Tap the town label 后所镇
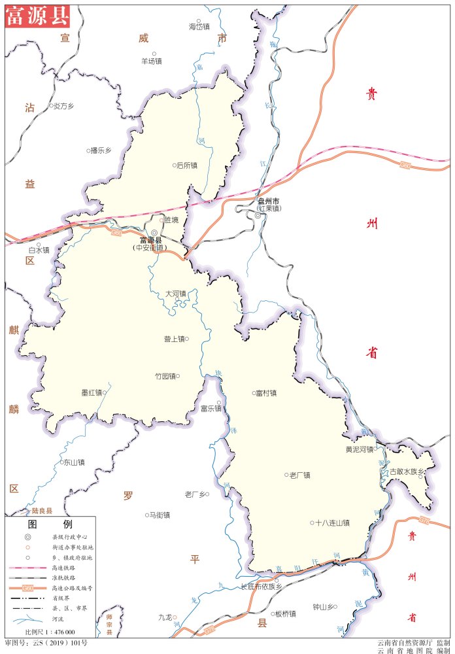(x=187, y=165)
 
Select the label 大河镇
(x=175, y=294)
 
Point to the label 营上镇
(x=174, y=339)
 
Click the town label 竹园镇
(x=165, y=376)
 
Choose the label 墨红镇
(x=91, y=392)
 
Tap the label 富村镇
(x=266, y=393)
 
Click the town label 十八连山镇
(x=332, y=523)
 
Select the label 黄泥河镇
(x=359, y=449)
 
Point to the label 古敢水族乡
(x=407, y=472)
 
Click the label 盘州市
(x=269, y=201)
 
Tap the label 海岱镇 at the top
(x=199, y=27)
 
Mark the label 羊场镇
(x=151, y=61)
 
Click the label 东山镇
(x=73, y=462)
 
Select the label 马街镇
(x=159, y=515)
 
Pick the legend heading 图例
(x=50, y=525)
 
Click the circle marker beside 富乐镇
(x=219, y=403)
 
